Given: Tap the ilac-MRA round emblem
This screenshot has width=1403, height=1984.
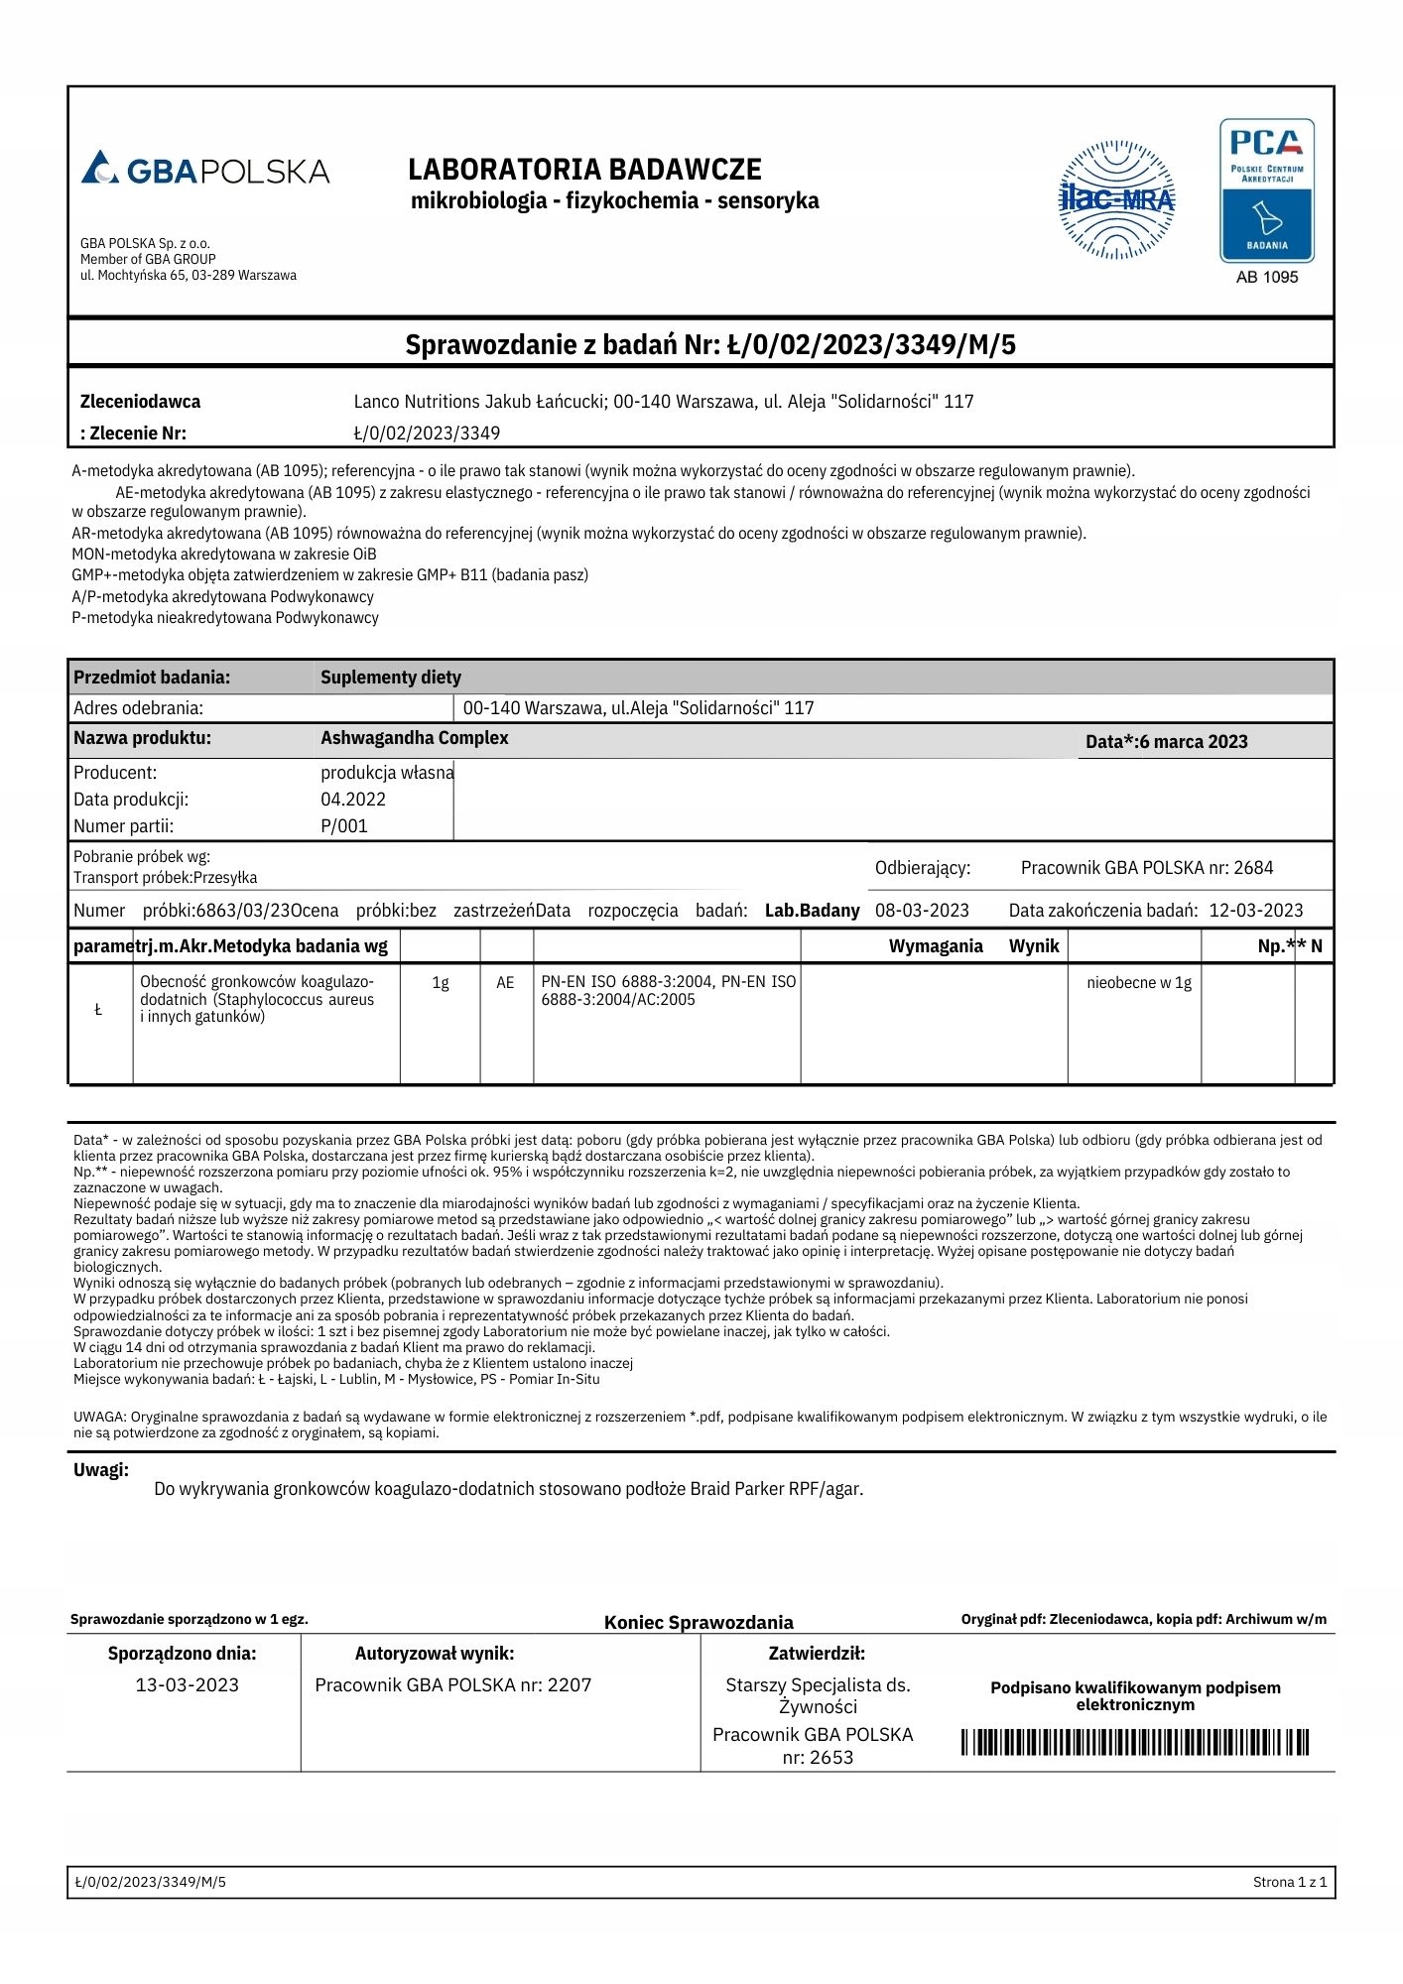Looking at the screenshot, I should coord(1117,199).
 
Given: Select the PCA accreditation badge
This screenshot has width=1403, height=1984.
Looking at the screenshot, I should coord(1267,190).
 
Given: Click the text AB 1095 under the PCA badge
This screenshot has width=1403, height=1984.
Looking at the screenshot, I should coord(1267,278).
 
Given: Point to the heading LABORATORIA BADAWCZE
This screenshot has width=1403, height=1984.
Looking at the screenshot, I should coord(584,170).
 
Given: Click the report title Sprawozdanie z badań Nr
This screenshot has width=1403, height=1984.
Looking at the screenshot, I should coord(710,345).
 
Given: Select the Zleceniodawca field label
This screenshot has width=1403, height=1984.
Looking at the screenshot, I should coord(140,402).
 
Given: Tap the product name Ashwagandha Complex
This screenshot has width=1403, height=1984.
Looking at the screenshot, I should coord(414,738).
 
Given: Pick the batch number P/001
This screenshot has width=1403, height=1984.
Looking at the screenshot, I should coord(343,826).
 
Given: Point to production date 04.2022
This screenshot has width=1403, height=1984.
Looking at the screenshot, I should coord(352,800).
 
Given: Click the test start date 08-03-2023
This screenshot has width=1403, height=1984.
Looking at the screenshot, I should coord(922,911).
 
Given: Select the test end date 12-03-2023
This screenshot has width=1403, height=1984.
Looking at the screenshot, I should coord(1255,911).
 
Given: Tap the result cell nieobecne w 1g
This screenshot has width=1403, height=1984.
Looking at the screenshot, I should coord(1139,983).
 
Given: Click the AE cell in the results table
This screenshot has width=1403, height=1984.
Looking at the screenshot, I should coord(505,983).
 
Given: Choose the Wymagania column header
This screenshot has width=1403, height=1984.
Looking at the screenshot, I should coord(935,946).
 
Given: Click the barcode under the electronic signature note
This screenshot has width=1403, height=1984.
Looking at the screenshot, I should coord(1135,1743).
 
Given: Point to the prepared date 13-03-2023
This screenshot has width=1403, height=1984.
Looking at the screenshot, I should coord(187,1684).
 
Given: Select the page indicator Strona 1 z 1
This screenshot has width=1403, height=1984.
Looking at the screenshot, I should coord(1289,1882).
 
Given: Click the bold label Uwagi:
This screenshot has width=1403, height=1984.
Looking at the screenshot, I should coord(101,1470).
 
